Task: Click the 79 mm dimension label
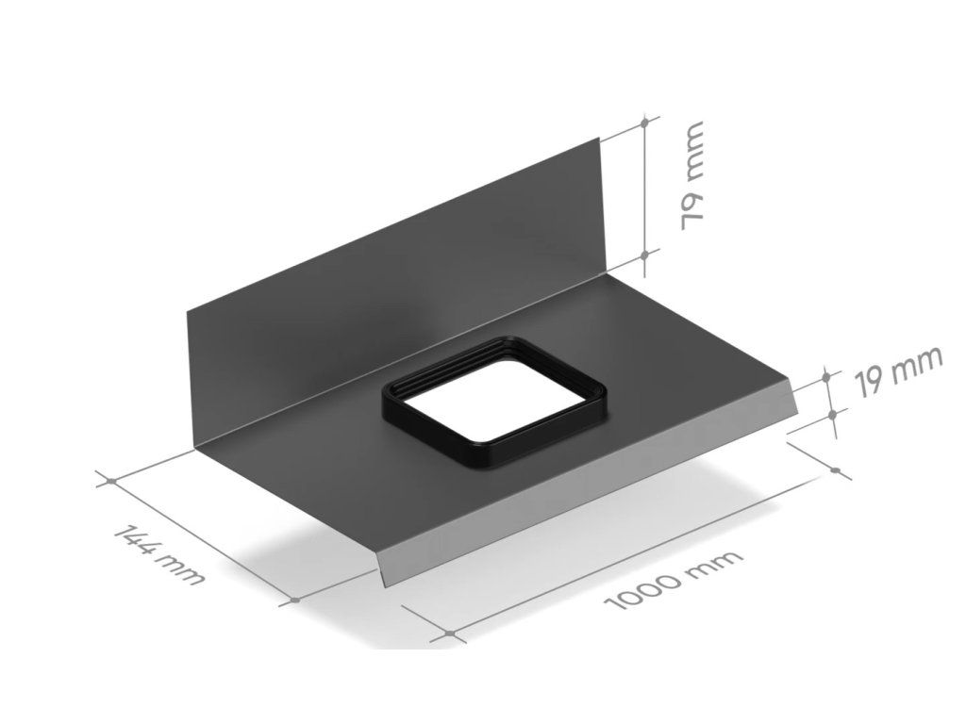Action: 691,176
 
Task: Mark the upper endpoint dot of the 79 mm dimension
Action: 644,123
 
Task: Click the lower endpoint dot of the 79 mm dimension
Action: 644,254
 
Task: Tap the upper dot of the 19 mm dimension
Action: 826,375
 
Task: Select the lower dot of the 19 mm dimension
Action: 832,416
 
